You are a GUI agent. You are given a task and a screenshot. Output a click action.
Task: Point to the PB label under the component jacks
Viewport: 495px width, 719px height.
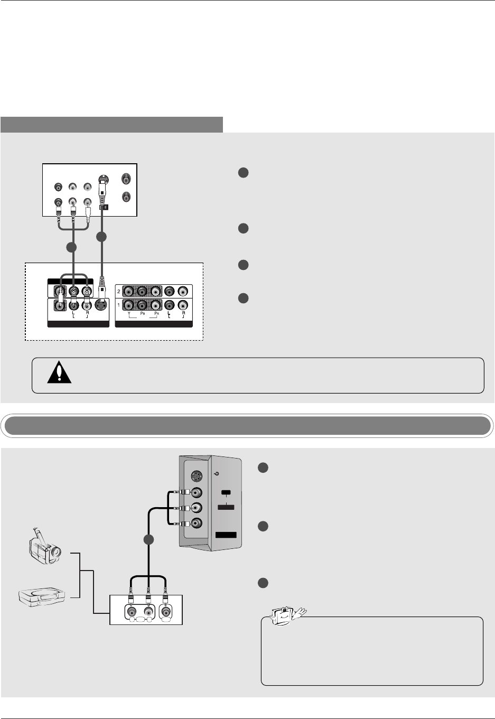point(142,314)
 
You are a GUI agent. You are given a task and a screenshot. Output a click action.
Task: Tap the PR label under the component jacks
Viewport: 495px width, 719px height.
point(156,314)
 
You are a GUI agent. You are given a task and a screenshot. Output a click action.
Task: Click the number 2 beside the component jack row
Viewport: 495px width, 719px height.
point(119,291)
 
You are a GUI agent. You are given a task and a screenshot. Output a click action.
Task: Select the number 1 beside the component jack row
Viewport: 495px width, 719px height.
point(119,305)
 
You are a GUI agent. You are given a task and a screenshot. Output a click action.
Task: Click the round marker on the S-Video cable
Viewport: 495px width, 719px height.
point(101,238)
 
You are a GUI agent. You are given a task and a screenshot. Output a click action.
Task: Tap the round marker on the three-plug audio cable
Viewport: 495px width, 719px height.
point(71,247)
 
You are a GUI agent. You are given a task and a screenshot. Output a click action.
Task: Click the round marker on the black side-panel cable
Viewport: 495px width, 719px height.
point(148,540)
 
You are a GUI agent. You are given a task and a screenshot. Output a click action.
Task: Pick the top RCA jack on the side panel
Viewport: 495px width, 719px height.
point(197,493)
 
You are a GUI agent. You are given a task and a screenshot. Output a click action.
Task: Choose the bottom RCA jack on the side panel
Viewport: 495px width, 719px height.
point(197,524)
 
